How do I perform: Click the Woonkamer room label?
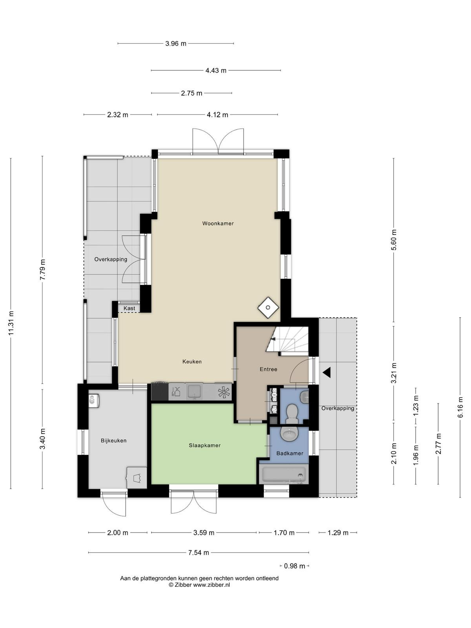(217, 223)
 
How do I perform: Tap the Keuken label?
(192, 361)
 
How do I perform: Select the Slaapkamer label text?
(204, 445)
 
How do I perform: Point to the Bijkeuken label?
(113, 441)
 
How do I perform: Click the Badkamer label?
(290, 453)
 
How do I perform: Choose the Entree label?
(268, 369)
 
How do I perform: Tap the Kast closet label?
(129, 308)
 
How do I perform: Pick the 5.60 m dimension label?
(394, 240)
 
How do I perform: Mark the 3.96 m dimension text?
(175, 44)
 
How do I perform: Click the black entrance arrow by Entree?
(327, 372)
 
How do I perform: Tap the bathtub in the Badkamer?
(284, 475)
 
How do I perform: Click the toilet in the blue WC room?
(292, 413)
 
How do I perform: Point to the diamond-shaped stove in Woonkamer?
(268, 308)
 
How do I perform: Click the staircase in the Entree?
(287, 341)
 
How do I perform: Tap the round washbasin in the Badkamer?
(289, 434)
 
